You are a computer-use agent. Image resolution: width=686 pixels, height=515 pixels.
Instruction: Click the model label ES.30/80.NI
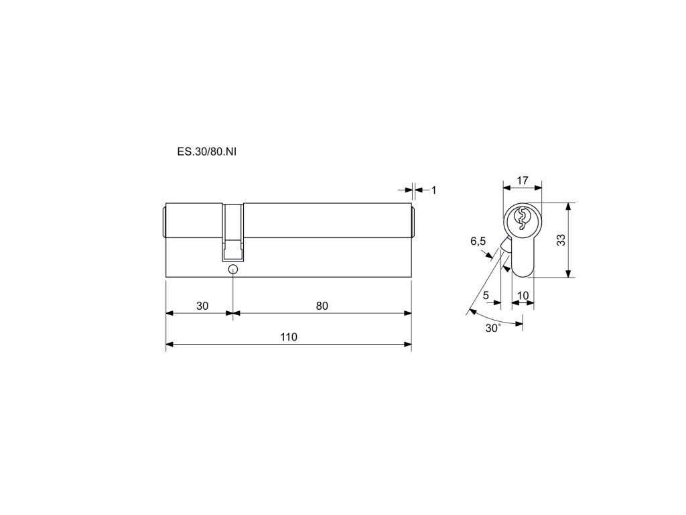click(x=206, y=152)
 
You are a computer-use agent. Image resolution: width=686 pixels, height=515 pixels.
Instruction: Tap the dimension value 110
click(x=289, y=337)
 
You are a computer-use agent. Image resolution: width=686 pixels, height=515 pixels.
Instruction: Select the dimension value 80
click(x=322, y=306)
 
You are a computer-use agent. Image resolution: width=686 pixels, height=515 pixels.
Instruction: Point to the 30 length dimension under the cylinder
click(x=202, y=306)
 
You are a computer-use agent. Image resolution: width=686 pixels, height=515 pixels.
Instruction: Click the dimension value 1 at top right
click(x=433, y=190)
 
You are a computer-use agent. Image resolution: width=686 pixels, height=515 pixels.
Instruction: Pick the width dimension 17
click(x=523, y=180)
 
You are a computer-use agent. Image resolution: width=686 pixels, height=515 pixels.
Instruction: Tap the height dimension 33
click(x=561, y=240)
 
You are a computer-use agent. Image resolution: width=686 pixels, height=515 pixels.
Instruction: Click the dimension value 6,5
click(x=478, y=241)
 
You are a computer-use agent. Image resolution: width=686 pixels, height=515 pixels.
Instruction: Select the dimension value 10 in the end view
click(x=523, y=295)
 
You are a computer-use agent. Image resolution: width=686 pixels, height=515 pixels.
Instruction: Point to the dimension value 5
click(x=486, y=295)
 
